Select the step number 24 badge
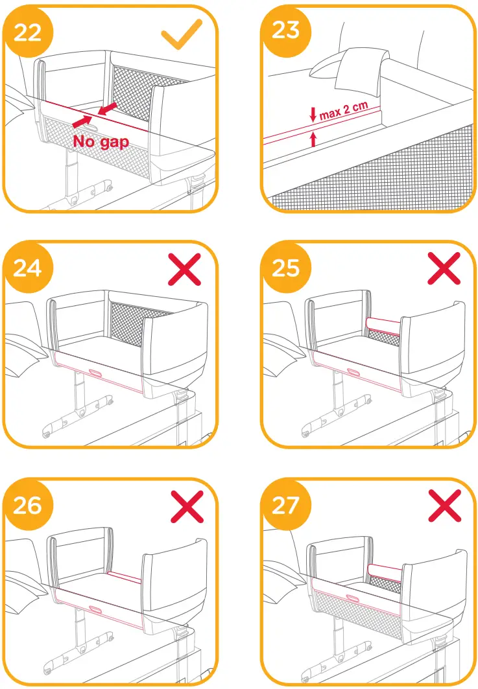coord(25,266)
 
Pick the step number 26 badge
coord(25,504)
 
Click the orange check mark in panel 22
coord(182,33)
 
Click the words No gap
coord(101,142)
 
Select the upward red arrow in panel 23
coord(314,138)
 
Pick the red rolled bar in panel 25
coord(383,323)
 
